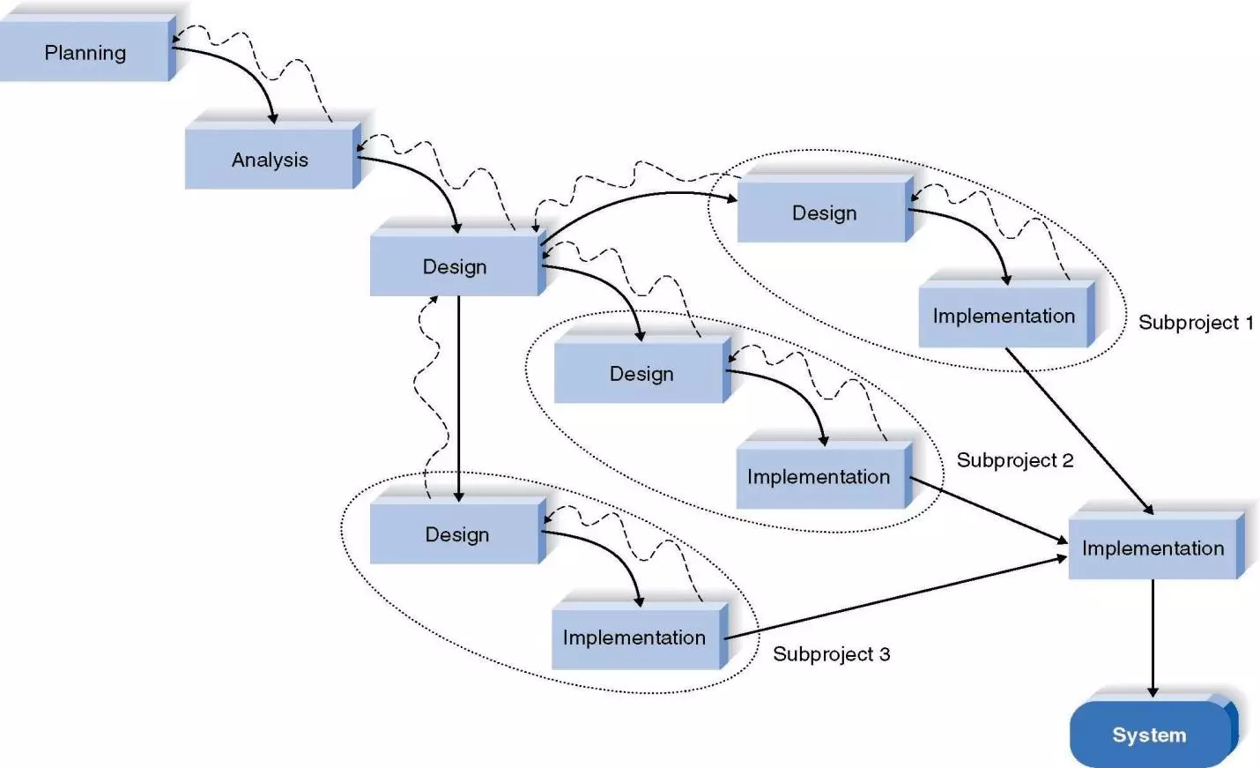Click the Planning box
[85, 53]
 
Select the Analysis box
[269, 160]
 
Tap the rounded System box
[1149, 734]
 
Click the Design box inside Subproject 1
[823, 213]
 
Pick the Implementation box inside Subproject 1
[1004, 316]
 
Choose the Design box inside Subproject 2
[641, 374]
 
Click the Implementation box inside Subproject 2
[819, 477]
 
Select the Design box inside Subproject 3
[456, 534]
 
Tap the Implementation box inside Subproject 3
[634, 638]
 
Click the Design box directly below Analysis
[454, 266]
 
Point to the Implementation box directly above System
[1153, 548]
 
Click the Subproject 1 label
[1195, 323]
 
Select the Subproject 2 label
[1014, 460]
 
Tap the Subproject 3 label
[831, 654]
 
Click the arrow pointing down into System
[1153, 635]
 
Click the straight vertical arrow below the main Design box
[458, 397]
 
